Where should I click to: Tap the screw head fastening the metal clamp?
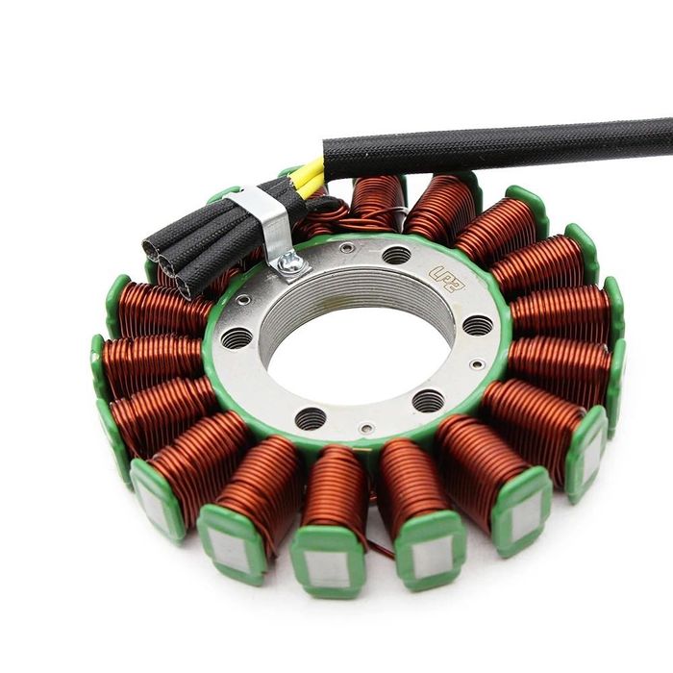pyautogui.click(x=289, y=261)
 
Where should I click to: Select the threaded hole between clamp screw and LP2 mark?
pyautogui.click(x=396, y=255)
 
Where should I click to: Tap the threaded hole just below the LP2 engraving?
pyautogui.click(x=477, y=324)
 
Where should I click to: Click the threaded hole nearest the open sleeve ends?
pyautogui.click(x=236, y=337)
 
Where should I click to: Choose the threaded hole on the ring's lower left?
pyautogui.click(x=310, y=418)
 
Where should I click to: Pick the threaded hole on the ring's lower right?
pyautogui.click(x=428, y=400)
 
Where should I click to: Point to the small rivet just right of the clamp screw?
pyautogui.click(x=346, y=248)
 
